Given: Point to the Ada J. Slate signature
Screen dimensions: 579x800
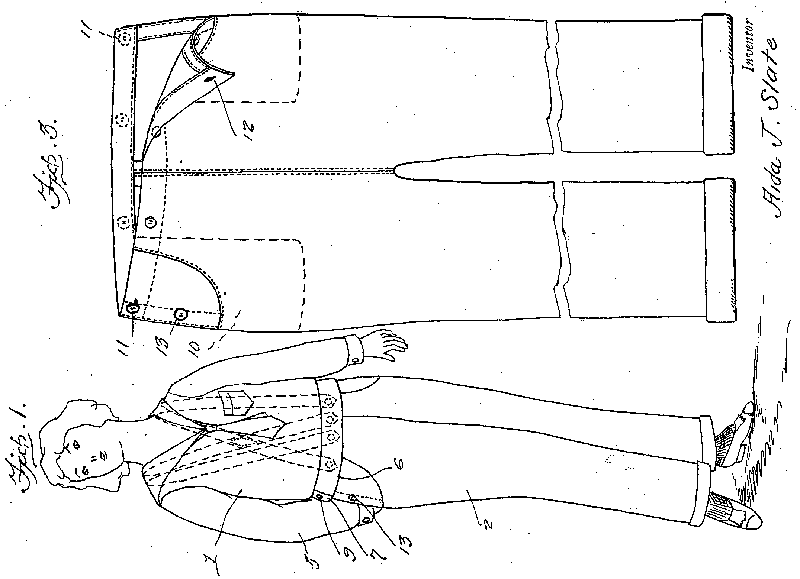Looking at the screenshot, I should click(x=775, y=128).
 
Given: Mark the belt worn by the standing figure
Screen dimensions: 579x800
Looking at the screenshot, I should click(x=327, y=446).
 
